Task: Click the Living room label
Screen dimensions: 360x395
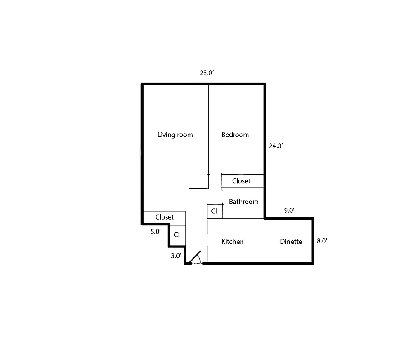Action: point(175,135)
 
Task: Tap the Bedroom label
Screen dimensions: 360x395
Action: point(235,135)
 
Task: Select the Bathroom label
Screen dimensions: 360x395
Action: point(243,202)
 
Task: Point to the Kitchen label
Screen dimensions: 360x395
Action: point(233,242)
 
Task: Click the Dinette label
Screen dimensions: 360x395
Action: point(291,242)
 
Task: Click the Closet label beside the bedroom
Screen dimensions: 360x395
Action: point(241,181)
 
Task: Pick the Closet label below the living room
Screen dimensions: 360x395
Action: point(164,217)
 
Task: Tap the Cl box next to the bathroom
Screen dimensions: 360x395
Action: point(214,211)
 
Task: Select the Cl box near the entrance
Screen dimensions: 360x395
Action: point(177,234)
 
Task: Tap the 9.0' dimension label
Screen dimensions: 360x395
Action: point(289,210)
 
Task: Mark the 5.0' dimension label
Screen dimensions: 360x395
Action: point(155,232)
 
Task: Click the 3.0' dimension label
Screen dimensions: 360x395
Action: point(176,256)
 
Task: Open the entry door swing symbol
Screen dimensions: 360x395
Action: point(195,258)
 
